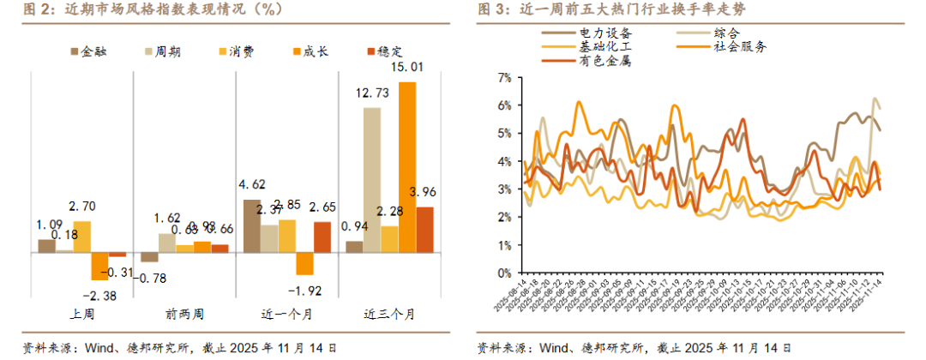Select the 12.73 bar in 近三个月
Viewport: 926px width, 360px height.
(372, 180)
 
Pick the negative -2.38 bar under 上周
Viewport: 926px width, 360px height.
(99, 267)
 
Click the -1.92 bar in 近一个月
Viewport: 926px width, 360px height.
(304, 263)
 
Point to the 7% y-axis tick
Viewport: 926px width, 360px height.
(504, 77)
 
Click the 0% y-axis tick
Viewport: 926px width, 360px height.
(504, 273)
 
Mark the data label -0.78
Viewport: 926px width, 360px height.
(152, 277)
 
